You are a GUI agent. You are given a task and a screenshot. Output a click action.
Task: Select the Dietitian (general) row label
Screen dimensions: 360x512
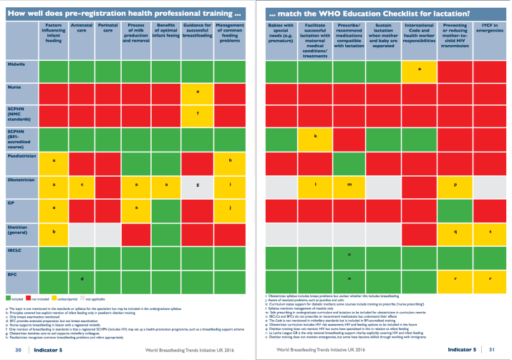(18, 230)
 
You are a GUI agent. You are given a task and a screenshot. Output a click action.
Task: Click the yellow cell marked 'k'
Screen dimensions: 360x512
(315, 137)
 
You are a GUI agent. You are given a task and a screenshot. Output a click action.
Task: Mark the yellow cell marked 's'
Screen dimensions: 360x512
(489, 232)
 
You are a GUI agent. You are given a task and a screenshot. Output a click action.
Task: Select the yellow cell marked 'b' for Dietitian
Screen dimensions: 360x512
(54, 231)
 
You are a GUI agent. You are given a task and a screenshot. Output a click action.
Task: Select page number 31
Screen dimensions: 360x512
(493, 349)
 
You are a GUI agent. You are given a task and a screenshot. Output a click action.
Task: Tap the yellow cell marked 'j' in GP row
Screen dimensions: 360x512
(231, 208)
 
